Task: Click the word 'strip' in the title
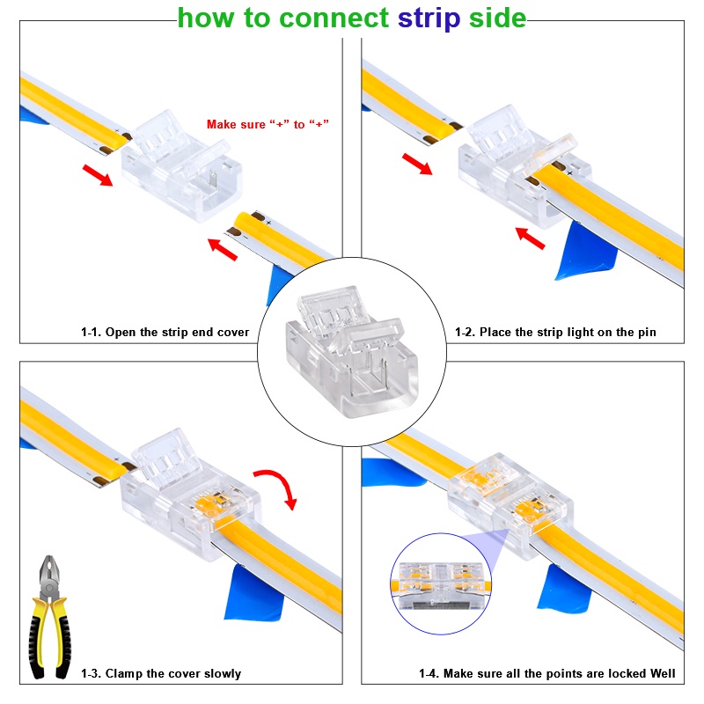tap(429, 18)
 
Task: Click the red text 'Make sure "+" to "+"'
tap(268, 124)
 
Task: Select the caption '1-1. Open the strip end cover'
tap(165, 333)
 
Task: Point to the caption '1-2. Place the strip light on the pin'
tap(555, 333)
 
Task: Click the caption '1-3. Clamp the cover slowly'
tap(161, 673)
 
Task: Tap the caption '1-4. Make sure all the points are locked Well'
tap(546, 673)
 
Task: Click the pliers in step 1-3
tap(49, 618)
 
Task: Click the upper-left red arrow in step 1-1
tap(98, 175)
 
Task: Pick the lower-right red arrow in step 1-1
tap(223, 249)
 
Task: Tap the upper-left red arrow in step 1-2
tap(417, 164)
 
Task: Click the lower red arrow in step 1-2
tap(531, 238)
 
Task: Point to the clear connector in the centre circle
tap(352, 351)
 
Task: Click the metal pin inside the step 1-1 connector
tap(213, 179)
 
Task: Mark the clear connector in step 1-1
tap(182, 165)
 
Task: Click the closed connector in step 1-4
tap(510, 505)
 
